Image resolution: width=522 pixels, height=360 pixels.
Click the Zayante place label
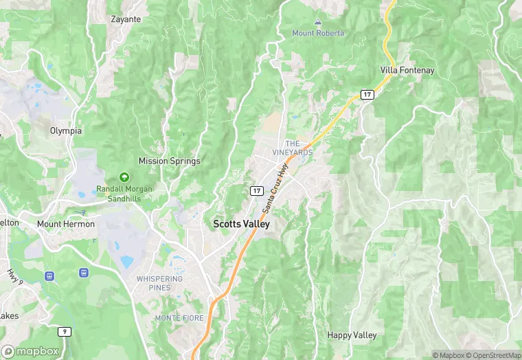pos(126,19)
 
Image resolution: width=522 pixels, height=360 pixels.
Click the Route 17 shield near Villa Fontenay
pos(368,94)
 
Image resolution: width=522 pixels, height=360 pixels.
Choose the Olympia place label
pos(66,131)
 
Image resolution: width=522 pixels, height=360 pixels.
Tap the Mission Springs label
pos(170,161)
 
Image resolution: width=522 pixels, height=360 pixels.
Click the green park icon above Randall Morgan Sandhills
pos(124,177)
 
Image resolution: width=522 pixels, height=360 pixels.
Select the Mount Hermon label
pos(66,224)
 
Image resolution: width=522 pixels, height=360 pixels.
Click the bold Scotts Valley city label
pos(241,224)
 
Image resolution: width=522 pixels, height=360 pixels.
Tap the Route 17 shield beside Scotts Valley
pos(256,190)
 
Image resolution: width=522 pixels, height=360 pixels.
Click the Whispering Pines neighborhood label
pos(159,282)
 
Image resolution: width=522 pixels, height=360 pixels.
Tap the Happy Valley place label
pos(352,335)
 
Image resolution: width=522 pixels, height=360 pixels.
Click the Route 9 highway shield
pos(65,332)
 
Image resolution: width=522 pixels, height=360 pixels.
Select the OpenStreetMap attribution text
pos(493,355)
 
